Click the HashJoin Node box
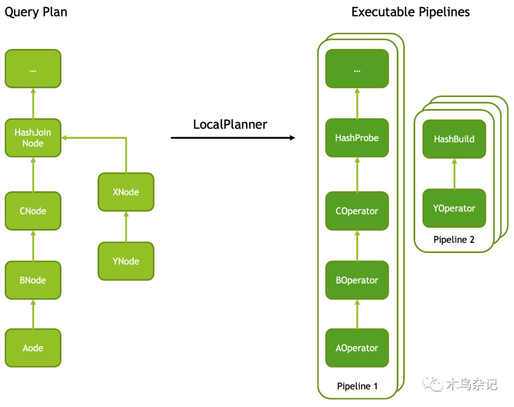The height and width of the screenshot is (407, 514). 33,138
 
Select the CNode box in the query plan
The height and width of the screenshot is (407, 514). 33,211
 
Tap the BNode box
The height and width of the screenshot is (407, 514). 33,280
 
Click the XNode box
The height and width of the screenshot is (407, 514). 126,192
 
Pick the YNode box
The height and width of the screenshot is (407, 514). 126,261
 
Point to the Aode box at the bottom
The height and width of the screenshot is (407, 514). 33,348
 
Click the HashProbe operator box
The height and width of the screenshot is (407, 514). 357,138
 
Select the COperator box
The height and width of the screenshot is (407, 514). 357,211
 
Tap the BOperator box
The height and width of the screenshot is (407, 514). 357,280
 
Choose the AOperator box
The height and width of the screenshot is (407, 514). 357,348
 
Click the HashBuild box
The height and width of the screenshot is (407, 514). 454,139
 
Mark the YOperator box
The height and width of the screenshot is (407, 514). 454,208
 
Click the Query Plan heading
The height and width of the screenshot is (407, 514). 36,12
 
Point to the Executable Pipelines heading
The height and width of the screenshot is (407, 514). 410,12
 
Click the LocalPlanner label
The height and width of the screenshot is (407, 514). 230,125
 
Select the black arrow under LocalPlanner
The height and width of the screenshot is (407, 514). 233,138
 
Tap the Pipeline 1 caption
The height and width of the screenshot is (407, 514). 357,386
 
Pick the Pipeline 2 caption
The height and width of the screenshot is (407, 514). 454,240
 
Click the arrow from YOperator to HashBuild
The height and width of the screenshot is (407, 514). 454,174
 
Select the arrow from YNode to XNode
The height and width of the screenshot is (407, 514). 126,226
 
